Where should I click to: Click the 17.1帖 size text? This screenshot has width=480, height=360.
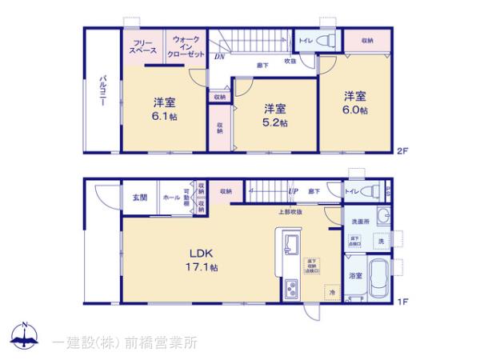click(202, 267)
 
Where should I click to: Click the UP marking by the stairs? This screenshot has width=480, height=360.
click(293, 192)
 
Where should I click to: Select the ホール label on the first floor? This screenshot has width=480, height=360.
click(170, 197)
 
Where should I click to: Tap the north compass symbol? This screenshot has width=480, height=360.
click(26, 336)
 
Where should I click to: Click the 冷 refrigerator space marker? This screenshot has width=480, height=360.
click(310, 292)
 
